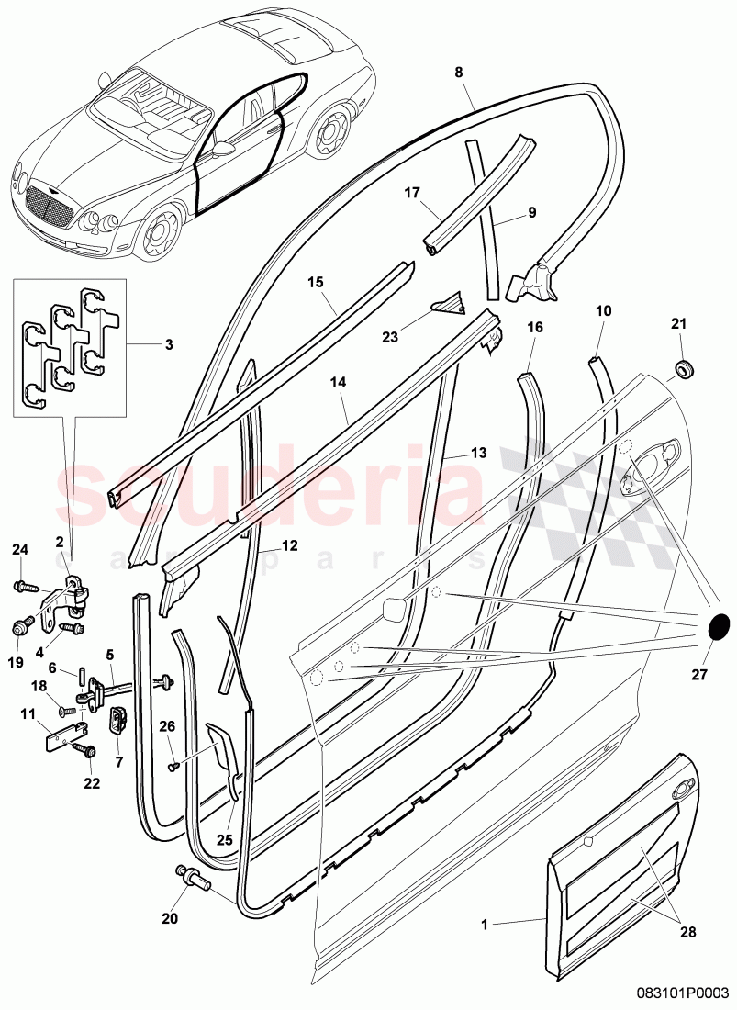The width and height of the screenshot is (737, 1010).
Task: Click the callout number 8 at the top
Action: point(459,72)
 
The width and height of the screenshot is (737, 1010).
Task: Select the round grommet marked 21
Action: point(682,369)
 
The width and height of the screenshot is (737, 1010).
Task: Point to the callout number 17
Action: point(411,193)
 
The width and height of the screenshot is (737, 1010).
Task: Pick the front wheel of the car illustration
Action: point(162,231)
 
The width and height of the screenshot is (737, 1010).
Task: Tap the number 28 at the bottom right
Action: point(688,933)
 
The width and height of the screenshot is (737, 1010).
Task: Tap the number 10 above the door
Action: point(603,311)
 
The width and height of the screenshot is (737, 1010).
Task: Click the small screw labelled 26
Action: point(173,766)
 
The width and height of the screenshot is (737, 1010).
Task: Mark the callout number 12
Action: point(289,545)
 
